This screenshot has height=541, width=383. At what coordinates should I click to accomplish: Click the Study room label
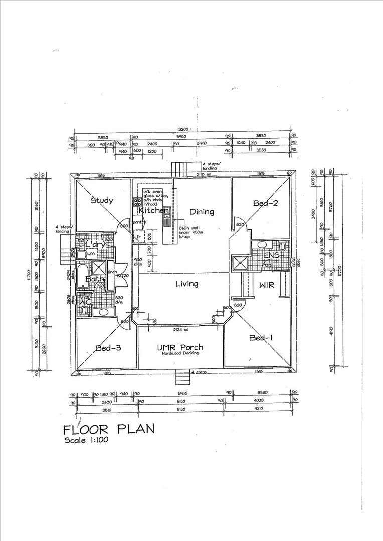click(x=102, y=201)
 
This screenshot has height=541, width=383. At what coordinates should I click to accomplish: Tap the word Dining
click(x=202, y=212)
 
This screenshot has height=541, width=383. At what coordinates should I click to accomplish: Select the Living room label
click(x=186, y=284)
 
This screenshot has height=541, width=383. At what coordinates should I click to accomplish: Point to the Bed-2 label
click(x=265, y=203)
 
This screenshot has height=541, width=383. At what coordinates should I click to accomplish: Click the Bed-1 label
click(x=261, y=338)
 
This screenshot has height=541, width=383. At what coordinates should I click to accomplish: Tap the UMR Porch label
click(x=180, y=347)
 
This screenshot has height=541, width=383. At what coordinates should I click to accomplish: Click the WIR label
click(x=266, y=285)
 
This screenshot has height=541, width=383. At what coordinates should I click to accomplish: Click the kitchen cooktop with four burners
click(x=137, y=202)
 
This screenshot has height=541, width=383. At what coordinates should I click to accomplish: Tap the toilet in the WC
click(x=84, y=312)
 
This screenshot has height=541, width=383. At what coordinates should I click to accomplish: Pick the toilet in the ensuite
click(x=282, y=246)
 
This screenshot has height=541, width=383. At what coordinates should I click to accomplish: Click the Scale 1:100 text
click(x=86, y=440)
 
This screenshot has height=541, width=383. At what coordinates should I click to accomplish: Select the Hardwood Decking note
click(x=180, y=353)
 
